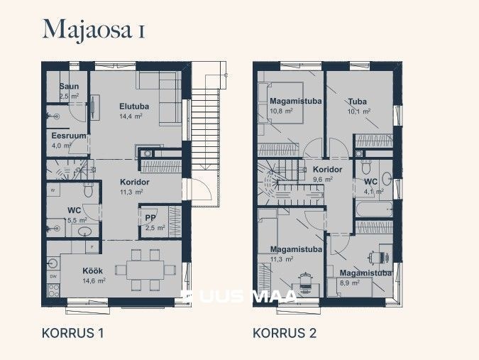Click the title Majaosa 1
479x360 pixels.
(x=94, y=29)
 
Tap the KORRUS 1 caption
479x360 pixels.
(x=73, y=333)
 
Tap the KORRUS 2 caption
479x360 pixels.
(x=285, y=333)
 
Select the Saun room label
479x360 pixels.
(x=68, y=87)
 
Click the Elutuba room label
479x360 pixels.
(x=133, y=107)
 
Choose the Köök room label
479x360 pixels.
(x=92, y=271)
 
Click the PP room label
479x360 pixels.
(x=151, y=218)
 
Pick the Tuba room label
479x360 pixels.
(x=357, y=102)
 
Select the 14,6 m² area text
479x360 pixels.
(x=93, y=281)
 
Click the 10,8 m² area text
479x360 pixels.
(x=282, y=111)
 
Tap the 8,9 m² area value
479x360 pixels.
(x=350, y=283)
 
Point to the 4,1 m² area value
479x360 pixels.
(x=373, y=192)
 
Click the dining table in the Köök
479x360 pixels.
(x=145, y=270)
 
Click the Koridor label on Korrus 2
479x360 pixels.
(x=327, y=170)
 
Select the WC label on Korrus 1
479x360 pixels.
(x=74, y=211)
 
